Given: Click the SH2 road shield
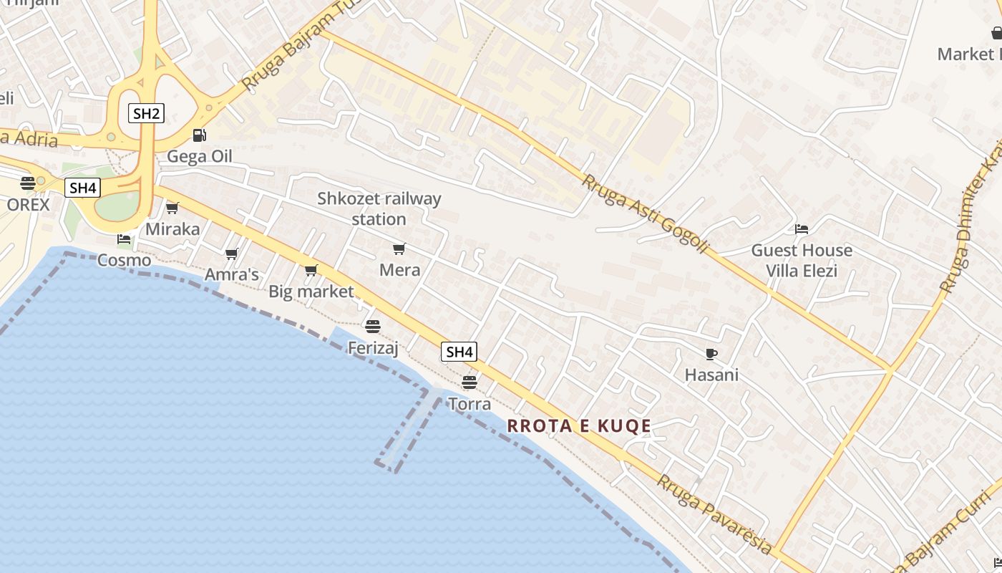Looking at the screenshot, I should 146,113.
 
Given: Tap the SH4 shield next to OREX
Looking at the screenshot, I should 83,188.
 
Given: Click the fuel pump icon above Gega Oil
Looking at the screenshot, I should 200,135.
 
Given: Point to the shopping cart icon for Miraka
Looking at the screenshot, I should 172,208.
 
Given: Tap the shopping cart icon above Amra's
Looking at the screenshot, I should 231,254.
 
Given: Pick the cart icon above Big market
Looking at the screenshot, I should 311,271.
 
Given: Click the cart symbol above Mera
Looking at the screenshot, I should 399,249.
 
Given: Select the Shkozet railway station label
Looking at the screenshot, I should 379,208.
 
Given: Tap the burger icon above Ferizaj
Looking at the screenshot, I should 373,327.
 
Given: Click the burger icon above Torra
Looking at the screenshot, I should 470,382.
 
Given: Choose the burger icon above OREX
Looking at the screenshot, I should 28,183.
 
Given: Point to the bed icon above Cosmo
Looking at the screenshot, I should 125,239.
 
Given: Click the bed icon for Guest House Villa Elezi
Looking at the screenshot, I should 802,229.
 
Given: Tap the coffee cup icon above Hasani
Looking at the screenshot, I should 711,354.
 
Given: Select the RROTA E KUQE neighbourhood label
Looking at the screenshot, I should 579,426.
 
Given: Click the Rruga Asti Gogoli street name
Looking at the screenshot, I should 644,213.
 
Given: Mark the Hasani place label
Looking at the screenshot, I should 711,375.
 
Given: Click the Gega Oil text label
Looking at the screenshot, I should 200,156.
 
